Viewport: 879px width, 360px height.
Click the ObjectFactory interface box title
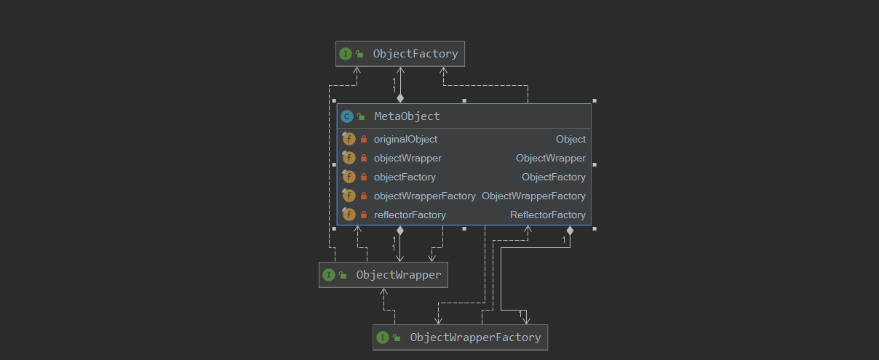point(415,54)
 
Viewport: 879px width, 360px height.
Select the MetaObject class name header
point(407,116)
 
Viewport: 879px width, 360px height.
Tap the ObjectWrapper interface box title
point(398,275)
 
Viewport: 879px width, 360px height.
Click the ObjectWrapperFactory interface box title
point(475,337)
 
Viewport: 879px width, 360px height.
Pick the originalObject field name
point(405,139)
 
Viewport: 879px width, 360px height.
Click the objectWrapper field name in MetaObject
point(407,158)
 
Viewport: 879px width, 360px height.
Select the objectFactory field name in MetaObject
point(405,177)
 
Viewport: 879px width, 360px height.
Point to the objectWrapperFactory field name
point(424,196)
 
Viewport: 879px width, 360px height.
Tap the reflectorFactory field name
point(410,215)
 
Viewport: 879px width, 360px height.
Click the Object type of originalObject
point(570,139)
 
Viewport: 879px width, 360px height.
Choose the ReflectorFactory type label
point(547,215)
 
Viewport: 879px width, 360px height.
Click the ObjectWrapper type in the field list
point(550,158)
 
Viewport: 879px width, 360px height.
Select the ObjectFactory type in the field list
point(553,177)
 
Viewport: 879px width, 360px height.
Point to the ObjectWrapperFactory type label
point(533,196)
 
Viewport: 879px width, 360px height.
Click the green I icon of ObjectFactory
point(346,54)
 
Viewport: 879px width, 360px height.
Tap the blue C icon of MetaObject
point(347,116)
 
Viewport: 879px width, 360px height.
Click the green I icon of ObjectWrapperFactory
point(383,337)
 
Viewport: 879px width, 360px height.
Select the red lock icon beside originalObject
point(364,139)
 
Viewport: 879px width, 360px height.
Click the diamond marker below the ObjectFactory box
point(399,97)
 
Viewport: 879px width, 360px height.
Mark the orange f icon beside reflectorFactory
point(349,215)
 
